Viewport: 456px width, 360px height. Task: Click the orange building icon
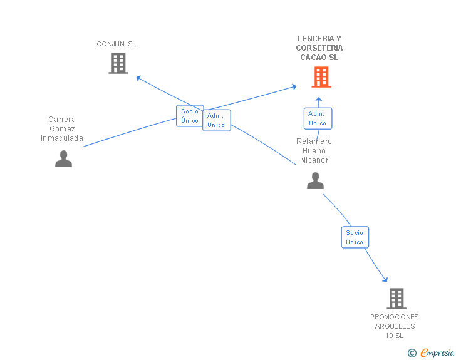[x=321, y=77]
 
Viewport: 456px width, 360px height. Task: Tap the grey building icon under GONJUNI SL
[x=118, y=63]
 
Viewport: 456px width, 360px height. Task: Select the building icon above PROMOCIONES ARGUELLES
[x=396, y=299]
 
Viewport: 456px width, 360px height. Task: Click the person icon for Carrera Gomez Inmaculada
[x=63, y=158]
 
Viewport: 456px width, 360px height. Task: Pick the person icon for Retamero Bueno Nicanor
[x=315, y=180]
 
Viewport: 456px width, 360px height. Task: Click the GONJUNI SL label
[x=117, y=44]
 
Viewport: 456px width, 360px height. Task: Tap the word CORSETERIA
[x=319, y=48]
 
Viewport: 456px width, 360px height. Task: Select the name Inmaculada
[x=62, y=138]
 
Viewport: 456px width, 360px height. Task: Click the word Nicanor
[x=314, y=160]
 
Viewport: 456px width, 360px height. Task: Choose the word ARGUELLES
[x=395, y=326]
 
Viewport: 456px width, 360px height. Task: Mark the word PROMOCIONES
[x=395, y=317]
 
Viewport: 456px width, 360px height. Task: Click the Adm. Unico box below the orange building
[x=318, y=118]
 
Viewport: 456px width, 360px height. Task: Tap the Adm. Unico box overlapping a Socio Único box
[x=217, y=120]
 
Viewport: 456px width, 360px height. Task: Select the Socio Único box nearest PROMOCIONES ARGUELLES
[x=355, y=237]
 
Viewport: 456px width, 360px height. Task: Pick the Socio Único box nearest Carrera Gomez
[x=190, y=116]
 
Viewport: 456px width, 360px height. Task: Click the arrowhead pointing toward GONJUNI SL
[x=138, y=78]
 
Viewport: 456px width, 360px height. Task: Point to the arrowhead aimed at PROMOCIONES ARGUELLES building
[x=385, y=280]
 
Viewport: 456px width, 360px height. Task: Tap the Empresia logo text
[x=437, y=353]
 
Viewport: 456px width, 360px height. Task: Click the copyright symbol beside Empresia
[x=412, y=353]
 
